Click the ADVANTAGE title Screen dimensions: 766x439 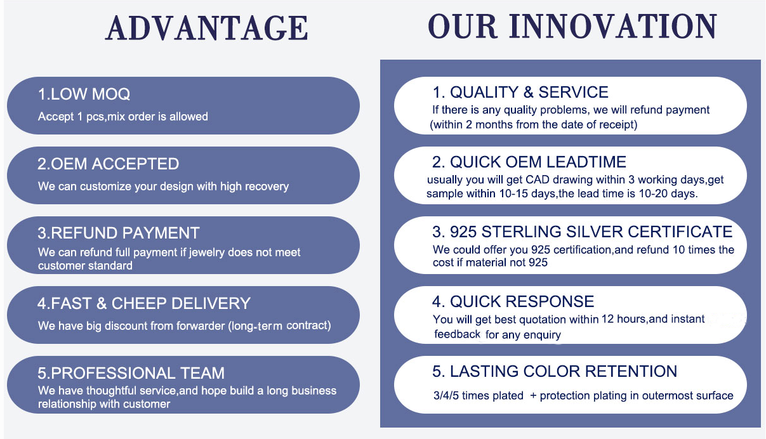pyautogui.click(x=207, y=28)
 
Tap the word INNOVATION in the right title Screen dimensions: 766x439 pyautogui.click(x=613, y=26)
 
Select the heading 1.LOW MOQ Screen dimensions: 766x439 pyautogui.click(x=84, y=94)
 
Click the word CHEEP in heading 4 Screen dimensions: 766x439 pyautogui.click(x=139, y=303)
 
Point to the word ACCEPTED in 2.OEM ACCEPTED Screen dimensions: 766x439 pyautogui.click(x=135, y=164)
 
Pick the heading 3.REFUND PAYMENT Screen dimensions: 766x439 pyautogui.click(x=119, y=233)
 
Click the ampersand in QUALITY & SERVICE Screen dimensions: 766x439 pyautogui.click(x=529, y=93)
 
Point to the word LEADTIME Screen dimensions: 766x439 pyautogui.click(x=586, y=162)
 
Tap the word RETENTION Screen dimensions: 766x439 pyautogui.click(x=631, y=371)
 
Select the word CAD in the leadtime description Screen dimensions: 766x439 pyautogui.click(x=538, y=180)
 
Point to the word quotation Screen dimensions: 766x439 pyautogui.click(x=543, y=320)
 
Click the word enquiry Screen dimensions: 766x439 pyautogui.click(x=542, y=335)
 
